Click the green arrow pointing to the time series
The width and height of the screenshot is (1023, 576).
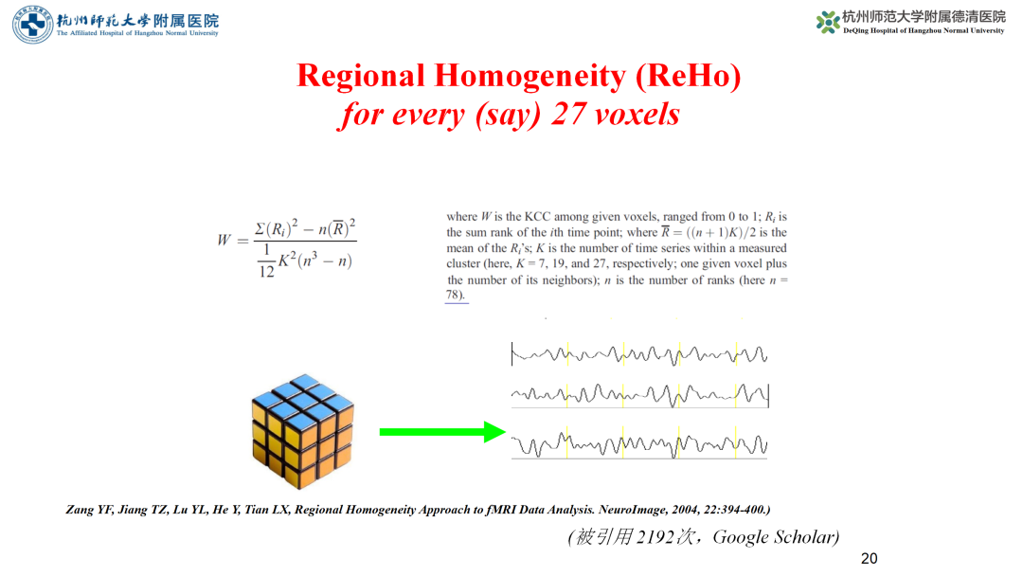[442, 432]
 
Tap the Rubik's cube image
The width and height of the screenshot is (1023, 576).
[303, 431]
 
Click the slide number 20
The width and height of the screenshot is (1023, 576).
[869, 558]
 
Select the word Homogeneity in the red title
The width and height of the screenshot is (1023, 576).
[530, 76]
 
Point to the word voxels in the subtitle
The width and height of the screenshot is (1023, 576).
[637, 115]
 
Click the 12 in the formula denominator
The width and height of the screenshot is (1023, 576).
[266, 271]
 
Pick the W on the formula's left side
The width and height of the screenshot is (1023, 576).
[224, 240]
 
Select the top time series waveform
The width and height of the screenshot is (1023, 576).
[639, 354]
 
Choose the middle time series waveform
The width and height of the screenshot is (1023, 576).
[640, 395]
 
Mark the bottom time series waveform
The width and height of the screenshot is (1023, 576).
[639, 445]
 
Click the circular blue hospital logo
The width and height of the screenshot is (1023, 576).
[32, 24]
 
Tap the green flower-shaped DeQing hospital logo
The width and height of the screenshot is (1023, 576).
[828, 22]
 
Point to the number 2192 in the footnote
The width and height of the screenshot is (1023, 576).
[655, 537]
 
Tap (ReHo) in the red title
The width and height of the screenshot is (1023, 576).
[689, 76]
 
